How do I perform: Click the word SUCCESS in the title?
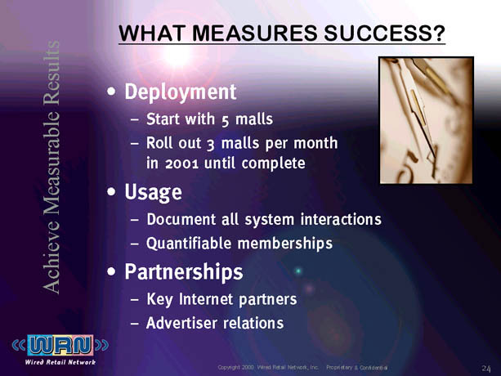(385, 33)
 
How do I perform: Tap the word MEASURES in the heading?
(255, 33)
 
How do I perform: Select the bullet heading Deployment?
(181, 92)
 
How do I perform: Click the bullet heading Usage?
(154, 192)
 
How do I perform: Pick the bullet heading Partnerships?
(184, 272)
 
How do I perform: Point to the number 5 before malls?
(225, 121)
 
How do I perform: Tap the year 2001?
(181, 163)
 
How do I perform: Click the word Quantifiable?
(189, 244)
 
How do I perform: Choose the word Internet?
(206, 299)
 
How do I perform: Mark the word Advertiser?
(181, 323)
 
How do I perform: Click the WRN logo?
(60, 345)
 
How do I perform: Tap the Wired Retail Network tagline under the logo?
(60, 362)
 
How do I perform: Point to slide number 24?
(486, 369)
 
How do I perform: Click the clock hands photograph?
(427, 120)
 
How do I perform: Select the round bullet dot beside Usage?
(111, 191)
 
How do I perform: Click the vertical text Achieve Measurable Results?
(51, 167)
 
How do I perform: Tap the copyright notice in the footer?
(302, 367)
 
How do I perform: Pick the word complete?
(273, 163)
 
